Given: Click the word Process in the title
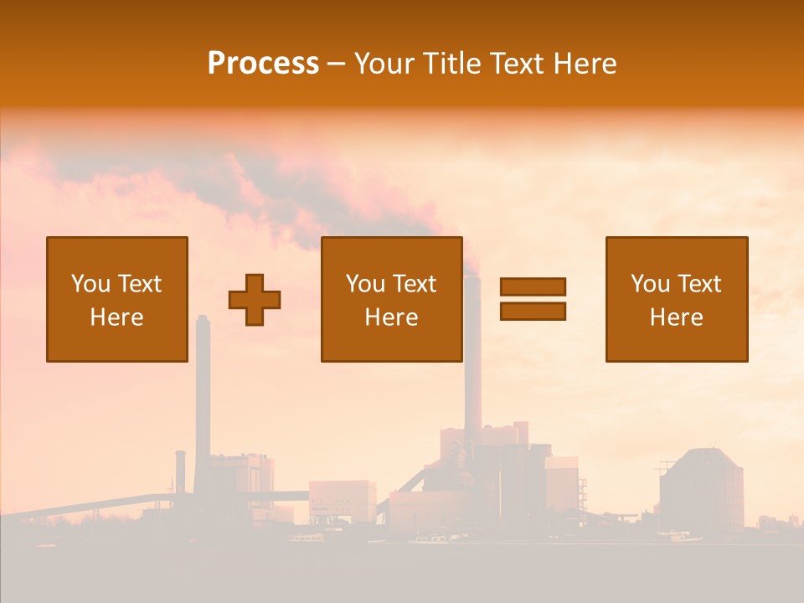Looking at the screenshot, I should tap(263, 64).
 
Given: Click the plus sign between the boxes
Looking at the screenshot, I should tap(255, 299).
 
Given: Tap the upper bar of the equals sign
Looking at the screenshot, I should tap(533, 286).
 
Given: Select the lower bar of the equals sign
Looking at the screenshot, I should tap(533, 311).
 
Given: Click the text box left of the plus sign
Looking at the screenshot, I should tap(117, 299).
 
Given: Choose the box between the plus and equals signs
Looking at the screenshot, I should tap(391, 299).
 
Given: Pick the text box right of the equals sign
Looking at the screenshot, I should tap(676, 299).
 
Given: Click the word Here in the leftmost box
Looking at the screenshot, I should tap(116, 317).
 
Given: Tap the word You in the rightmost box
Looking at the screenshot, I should tap(650, 284).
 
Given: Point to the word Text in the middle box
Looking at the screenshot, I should tap(415, 284).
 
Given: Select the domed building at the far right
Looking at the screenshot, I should tap(701, 490).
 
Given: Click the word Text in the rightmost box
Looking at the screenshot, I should tap(699, 284).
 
